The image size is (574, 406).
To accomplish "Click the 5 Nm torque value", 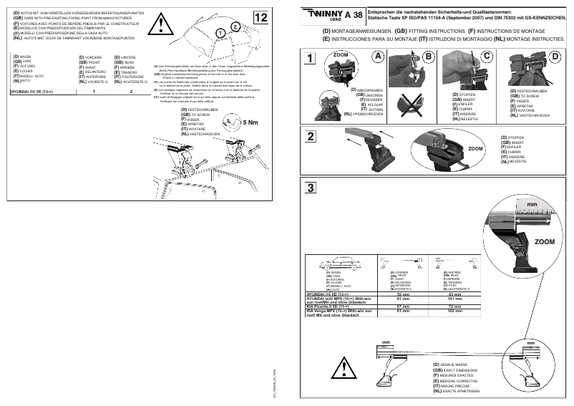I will click(x=253, y=122).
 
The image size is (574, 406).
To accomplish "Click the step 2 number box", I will click(x=309, y=137).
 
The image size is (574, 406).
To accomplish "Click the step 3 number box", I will click(x=309, y=188).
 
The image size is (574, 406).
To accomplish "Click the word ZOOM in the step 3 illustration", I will click(x=544, y=243).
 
